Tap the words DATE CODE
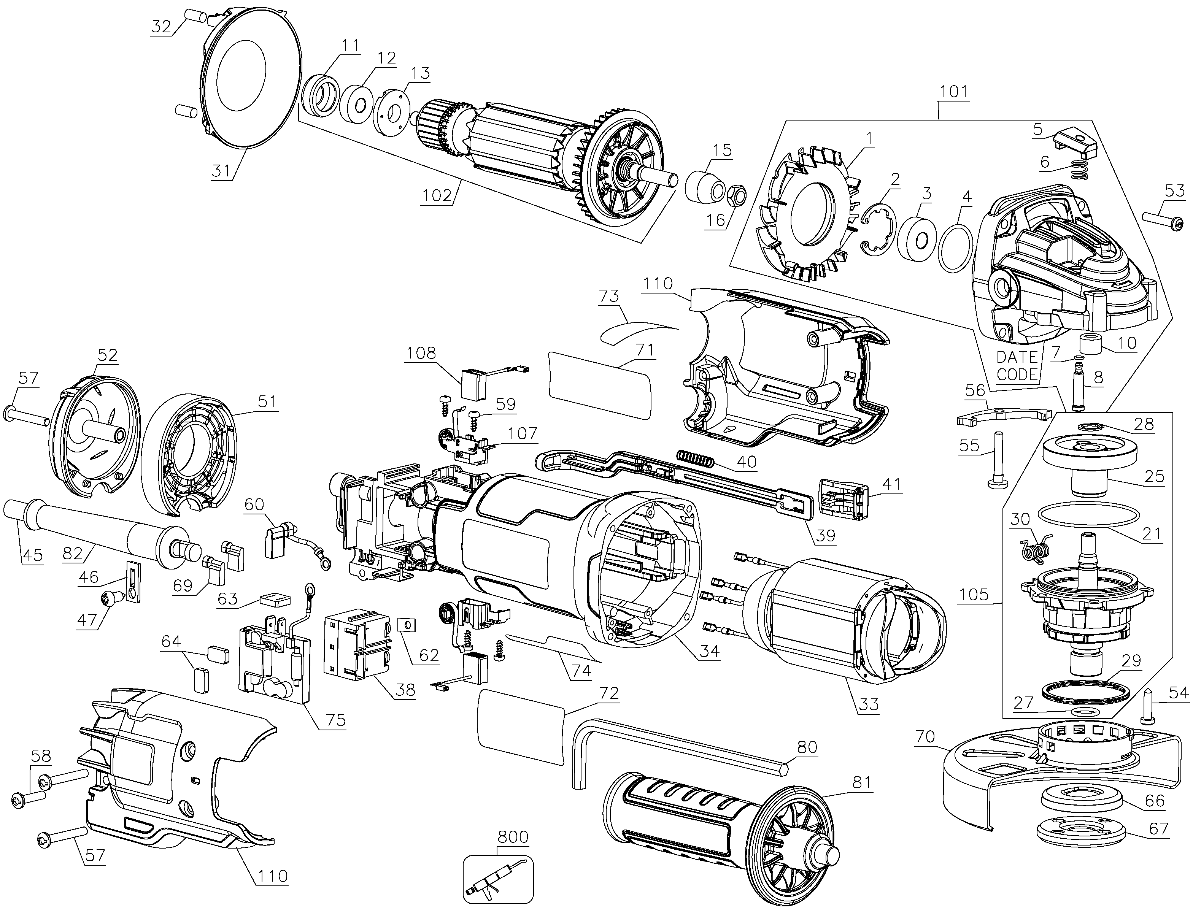click(1017, 366)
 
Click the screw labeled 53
click(1162, 222)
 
